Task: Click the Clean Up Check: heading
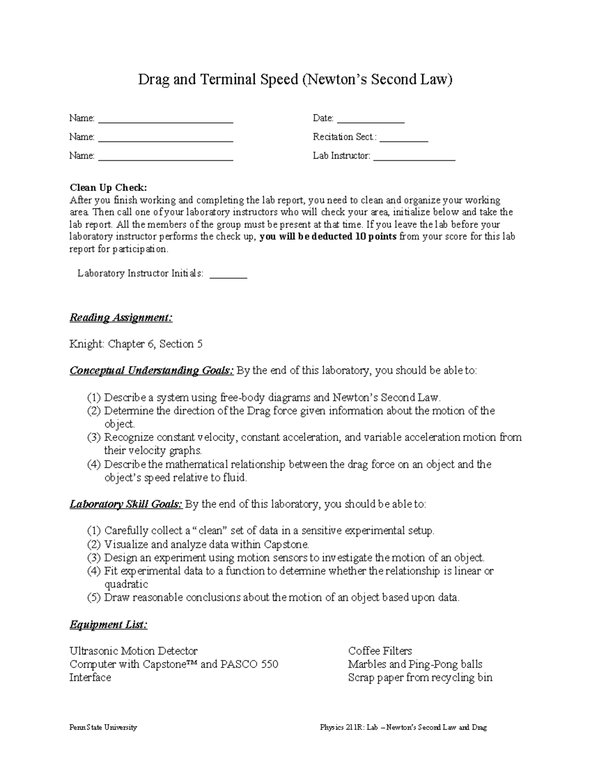tap(109, 187)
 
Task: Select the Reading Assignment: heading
tap(121, 317)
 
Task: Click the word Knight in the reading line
tap(86, 344)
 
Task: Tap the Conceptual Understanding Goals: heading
tap(151, 370)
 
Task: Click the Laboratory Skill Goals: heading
tap(126, 504)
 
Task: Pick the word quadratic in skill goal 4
tap(126, 584)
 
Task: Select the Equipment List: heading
tap(109, 624)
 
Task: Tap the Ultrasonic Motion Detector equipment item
tap(133, 651)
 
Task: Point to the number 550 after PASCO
tap(269, 664)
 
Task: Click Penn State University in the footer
tap(103, 728)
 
